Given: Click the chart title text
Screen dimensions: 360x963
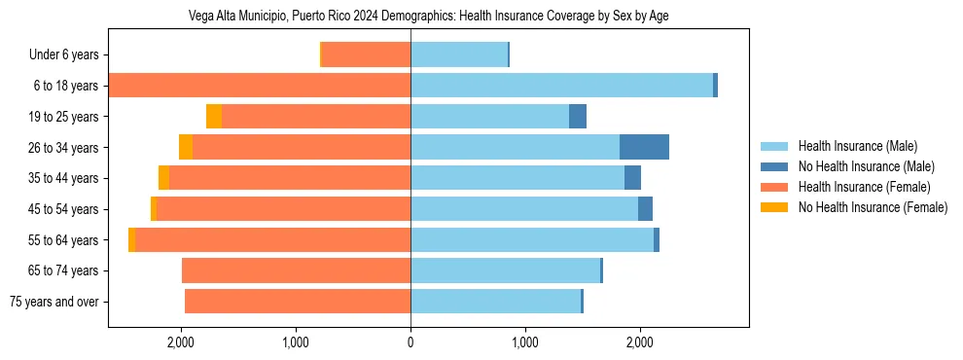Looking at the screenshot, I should pyautogui.click(x=428, y=17).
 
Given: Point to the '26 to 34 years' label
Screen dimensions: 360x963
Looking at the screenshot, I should pyautogui.click(x=60, y=147).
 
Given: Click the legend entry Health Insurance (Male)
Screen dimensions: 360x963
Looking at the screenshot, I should pyautogui.click(x=857, y=146).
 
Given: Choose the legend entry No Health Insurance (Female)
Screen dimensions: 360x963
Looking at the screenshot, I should pyautogui.click(x=873, y=207).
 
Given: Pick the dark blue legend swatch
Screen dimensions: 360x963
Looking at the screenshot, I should pyautogui.click(x=774, y=166).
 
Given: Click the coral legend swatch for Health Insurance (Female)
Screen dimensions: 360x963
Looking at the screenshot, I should pyautogui.click(x=774, y=187).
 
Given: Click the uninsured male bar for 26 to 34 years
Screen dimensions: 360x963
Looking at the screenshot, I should pyautogui.click(x=644, y=147).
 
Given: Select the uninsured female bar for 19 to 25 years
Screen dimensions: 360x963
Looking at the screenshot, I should pyautogui.click(x=214, y=117).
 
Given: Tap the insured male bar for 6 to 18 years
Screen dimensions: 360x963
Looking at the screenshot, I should pyautogui.click(x=561, y=86).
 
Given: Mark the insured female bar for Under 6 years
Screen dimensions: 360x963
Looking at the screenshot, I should pyautogui.click(x=366, y=54).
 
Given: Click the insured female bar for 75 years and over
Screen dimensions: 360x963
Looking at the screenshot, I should pyautogui.click(x=298, y=302).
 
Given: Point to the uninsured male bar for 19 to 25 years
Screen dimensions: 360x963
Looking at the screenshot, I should pyautogui.click(x=578, y=117).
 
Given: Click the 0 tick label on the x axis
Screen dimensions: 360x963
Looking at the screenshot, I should pyautogui.click(x=410, y=342).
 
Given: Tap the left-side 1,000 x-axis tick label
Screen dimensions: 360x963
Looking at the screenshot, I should pyautogui.click(x=296, y=342).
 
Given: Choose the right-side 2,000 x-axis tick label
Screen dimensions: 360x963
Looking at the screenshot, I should pyautogui.click(x=639, y=342).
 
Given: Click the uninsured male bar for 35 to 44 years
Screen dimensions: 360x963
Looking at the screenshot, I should pyautogui.click(x=632, y=178).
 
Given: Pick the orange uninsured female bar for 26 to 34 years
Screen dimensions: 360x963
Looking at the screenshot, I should pyautogui.click(x=186, y=147).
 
